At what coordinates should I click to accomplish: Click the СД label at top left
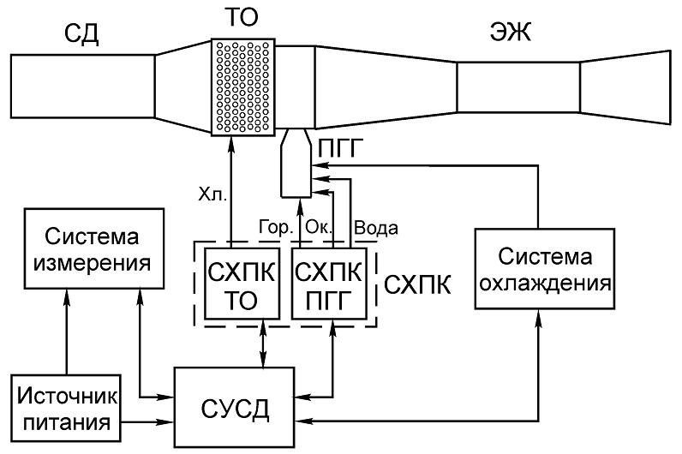click(x=81, y=33)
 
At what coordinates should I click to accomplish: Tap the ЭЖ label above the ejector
click(x=510, y=32)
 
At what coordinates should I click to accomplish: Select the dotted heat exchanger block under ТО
click(x=243, y=87)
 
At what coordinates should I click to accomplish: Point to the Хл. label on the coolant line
click(x=212, y=194)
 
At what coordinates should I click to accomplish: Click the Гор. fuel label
click(x=276, y=227)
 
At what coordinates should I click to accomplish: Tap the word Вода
click(x=376, y=228)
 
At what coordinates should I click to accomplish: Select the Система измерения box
click(x=94, y=248)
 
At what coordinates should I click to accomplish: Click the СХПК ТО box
click(x=242, y=284)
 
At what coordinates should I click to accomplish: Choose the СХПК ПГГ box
click(x=329, y=284)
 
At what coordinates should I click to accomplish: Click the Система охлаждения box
click(x=545, y=269)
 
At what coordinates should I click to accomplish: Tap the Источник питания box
click(x=66, y=408)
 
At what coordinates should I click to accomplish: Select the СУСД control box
click(x=235, y=408)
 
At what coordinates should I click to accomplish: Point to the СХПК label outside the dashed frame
click(x=417, y=285)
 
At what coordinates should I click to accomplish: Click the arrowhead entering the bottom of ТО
click(x=231, y=143)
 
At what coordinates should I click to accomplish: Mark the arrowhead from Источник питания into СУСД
click(x=167, y=421)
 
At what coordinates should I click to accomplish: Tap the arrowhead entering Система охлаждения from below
click(x=538, y=317)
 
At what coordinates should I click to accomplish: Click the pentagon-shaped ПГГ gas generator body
click(x=296, y=163)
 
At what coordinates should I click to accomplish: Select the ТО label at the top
click(x=242, y=17)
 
